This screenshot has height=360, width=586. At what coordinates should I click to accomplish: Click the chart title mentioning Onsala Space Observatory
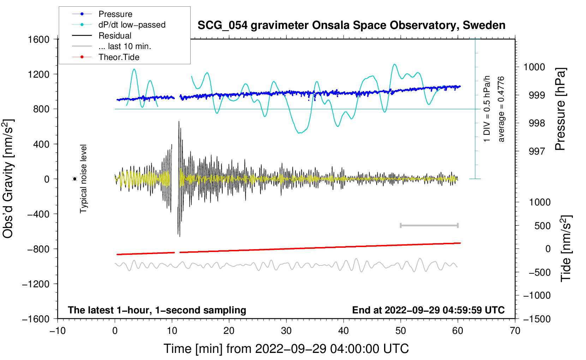click(x=351, y=25)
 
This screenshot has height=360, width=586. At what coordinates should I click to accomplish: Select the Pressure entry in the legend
click(x=115, y=14)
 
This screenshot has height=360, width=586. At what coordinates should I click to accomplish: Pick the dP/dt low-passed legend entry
click(x=132, y=25)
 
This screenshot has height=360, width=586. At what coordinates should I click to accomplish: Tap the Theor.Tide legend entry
click(x=119, y=57)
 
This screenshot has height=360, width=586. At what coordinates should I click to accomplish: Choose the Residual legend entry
click(x=115, y=36)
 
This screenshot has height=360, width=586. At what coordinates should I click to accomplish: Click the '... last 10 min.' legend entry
click(x=125, y=46)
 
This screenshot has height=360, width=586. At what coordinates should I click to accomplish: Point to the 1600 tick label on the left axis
click(x=39, y=39)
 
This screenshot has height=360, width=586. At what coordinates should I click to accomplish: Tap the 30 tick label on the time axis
click(x=286, y=331)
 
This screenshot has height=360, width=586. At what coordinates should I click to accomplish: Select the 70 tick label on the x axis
click(x=515, y=331)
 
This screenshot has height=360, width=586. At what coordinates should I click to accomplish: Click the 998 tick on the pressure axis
click(x=537, y=123)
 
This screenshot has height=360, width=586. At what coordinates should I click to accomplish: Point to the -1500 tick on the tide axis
click(x=537, y=319)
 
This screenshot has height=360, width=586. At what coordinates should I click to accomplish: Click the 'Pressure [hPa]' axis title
click(x=560, y=109)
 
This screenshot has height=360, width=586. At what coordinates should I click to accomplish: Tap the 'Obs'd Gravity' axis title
click(x=8, y=179)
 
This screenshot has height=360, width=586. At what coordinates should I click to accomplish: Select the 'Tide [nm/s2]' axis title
click(x=566, y=248)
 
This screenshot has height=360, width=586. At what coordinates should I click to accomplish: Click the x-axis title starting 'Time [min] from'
click(x=286, y=349)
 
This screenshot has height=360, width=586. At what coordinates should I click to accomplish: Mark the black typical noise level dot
click(x=74, y=179)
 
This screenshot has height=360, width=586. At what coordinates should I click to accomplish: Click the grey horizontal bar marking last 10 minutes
click(x=429, y=225)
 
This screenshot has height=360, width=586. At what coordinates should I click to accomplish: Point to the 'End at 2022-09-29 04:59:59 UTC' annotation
click(x=428, y=310)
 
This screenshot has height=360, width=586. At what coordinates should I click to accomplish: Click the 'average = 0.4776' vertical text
click(x=501, y=109)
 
